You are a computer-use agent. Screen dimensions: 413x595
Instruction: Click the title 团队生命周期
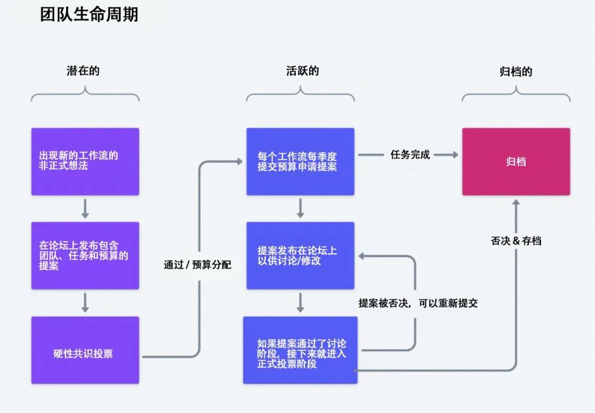[89, 14]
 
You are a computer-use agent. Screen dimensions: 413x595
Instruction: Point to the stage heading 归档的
[516, 72]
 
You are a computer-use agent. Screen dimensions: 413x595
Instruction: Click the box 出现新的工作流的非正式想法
[85, 161]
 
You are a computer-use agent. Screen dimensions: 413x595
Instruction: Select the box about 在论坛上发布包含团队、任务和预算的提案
[85, 256]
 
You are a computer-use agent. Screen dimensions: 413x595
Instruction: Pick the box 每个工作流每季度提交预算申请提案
[300, 161]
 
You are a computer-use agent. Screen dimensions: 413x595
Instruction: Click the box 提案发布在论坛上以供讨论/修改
[300, 256]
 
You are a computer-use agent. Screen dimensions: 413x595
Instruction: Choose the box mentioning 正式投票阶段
[300, 350]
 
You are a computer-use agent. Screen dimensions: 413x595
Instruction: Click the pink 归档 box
[516, 161]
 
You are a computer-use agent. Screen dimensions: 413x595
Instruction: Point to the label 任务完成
[410, 155]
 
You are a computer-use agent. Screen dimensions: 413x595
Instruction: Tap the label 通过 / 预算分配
[197, 265]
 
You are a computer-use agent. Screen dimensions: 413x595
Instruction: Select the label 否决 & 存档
[516, 241]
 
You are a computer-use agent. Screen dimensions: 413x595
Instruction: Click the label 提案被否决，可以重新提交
[418, 303]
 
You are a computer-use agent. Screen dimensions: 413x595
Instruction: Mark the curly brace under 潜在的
[85, 96]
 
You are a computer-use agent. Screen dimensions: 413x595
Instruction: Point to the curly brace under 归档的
[516, 96]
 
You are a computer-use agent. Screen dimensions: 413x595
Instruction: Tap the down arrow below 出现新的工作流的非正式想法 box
[85, 209]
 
